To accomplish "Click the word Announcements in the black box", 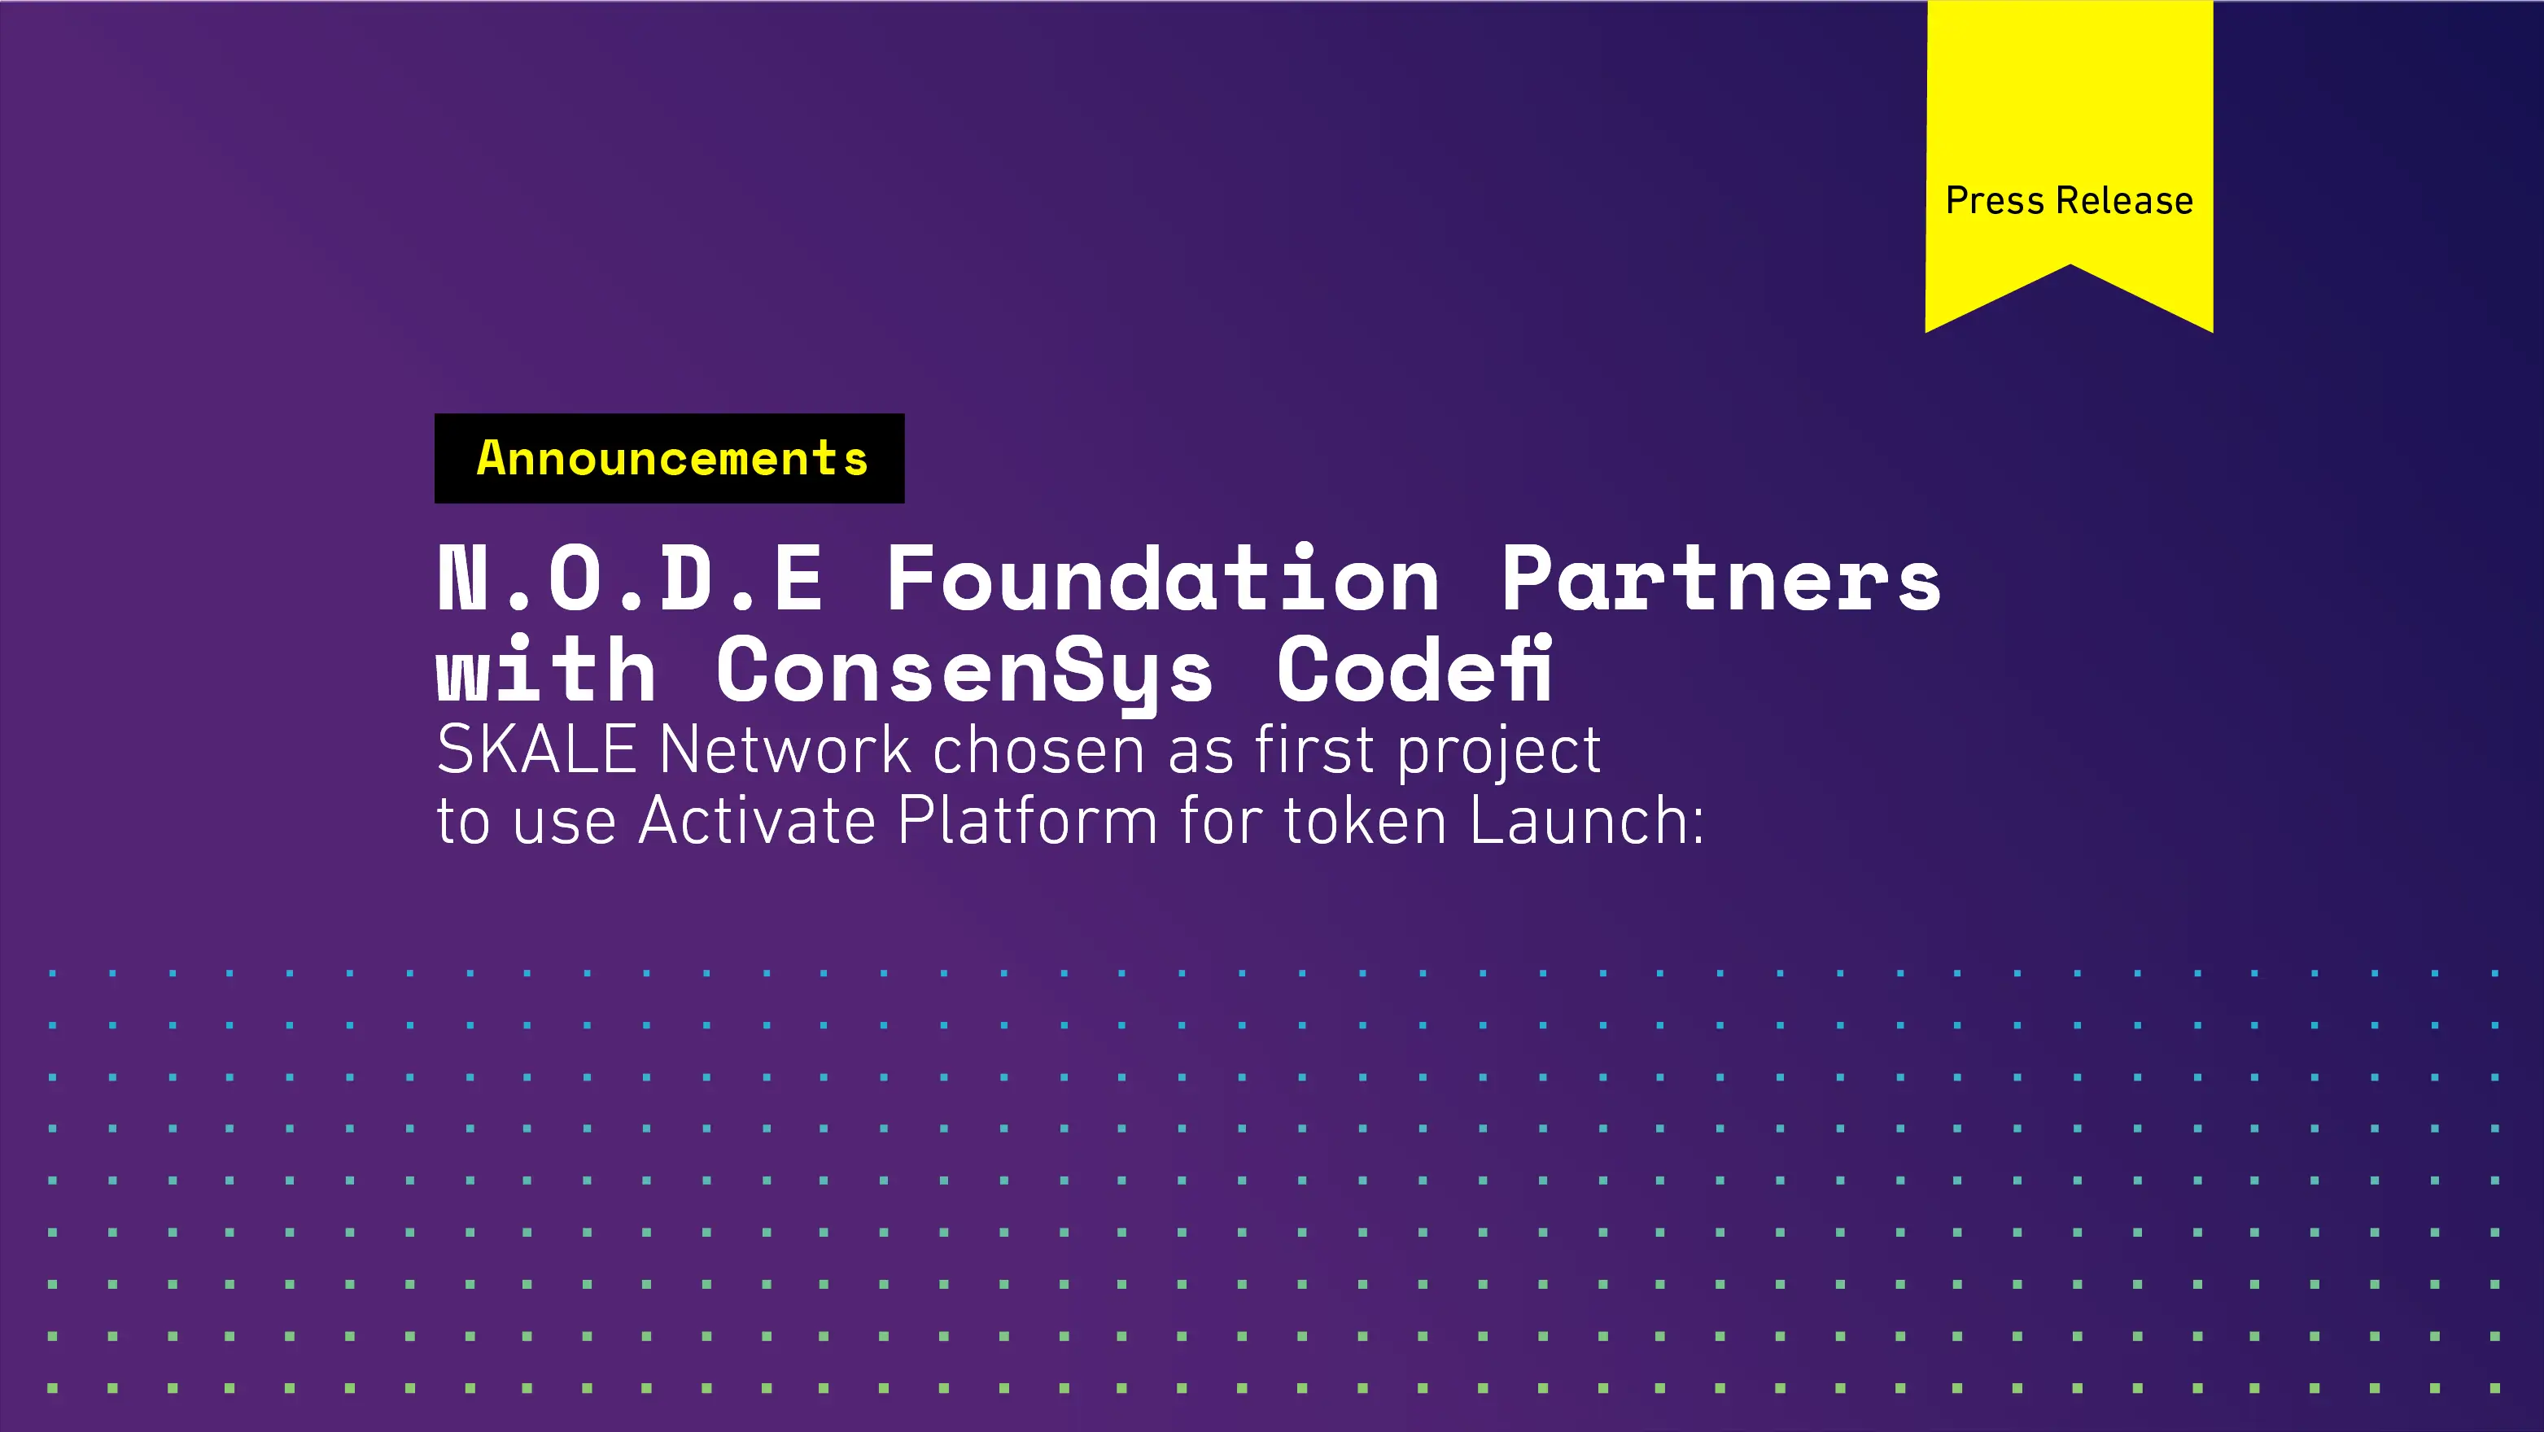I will coord(671,458).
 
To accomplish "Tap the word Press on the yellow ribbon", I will coord(1994,200).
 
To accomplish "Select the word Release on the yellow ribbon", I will coord(2124,200).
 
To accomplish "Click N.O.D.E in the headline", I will coord(630,579).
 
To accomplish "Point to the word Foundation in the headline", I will coord(1162,579).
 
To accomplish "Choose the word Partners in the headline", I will coord(1720,579).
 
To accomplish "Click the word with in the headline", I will coord(546,671).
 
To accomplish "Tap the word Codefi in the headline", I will coord(1414,670).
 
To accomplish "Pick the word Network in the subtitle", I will coord(785,750).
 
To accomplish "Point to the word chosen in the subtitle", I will coord(1039,750).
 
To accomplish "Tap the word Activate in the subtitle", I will coord(758,821).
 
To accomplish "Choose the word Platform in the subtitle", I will coord(1027,821).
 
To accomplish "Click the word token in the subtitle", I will coord(1365,821).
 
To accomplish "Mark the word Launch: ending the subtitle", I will coord(1587,821).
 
